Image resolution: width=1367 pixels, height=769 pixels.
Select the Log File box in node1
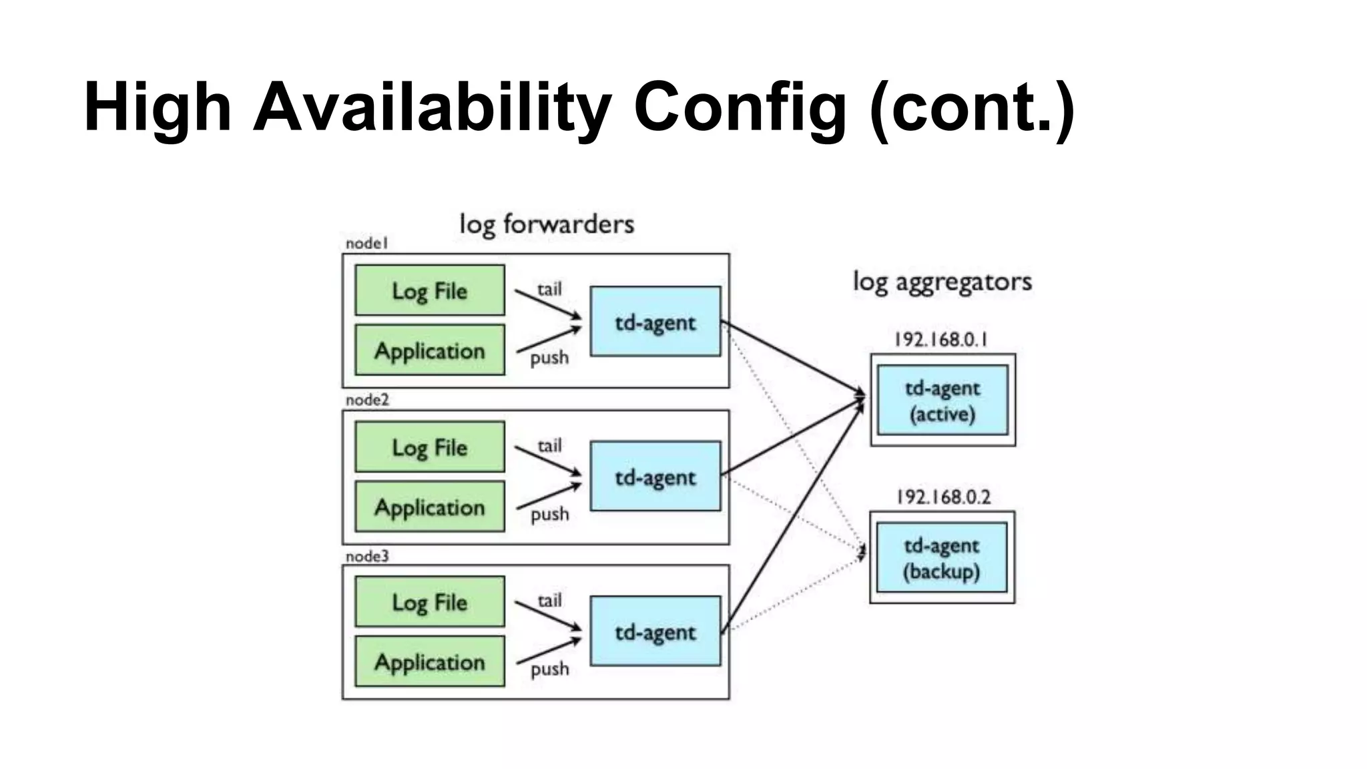tap(429, 290)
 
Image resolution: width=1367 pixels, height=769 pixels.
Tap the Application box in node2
tap(429, 507)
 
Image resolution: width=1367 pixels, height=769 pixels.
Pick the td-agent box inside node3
tap(655, 631)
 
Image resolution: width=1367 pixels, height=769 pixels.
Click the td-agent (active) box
tap(942, 400)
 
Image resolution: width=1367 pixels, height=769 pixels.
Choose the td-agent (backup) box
tap(941, 557)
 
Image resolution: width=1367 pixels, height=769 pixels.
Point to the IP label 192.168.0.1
tap(940, 340)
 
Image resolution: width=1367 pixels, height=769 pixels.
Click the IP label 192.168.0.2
tap(942, 497)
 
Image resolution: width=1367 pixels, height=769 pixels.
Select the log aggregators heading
tap(942, 282)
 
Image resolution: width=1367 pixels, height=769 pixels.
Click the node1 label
tap(366, 244)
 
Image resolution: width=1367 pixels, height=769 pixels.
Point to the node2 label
tap(367, 400)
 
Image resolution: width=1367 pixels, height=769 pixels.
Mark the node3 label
tap(367, 556)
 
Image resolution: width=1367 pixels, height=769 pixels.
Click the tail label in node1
tap(549, 290)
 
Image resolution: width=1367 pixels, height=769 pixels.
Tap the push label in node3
tap(549, 669)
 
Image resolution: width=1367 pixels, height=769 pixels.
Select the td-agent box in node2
tap(655, 476)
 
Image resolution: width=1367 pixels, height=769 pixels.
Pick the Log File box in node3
tap(429, 601)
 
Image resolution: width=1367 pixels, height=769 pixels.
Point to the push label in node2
tap(549, 514)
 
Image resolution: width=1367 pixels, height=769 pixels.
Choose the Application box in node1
tap(429, 350)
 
